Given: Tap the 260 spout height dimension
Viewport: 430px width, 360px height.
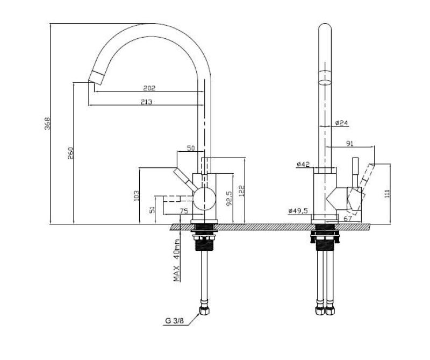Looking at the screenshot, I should pos(70,153).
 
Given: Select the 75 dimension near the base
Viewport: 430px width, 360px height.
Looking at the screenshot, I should pos(183,211).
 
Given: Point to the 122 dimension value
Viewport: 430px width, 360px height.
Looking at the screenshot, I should pos(242,191).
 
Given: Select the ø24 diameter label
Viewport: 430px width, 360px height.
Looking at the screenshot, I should pos(341,123).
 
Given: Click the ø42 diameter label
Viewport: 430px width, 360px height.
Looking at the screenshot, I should pos(303,165).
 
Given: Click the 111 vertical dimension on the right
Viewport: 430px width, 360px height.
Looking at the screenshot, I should pos(388,193).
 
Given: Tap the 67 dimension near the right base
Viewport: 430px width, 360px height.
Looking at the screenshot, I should pos(347,218).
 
